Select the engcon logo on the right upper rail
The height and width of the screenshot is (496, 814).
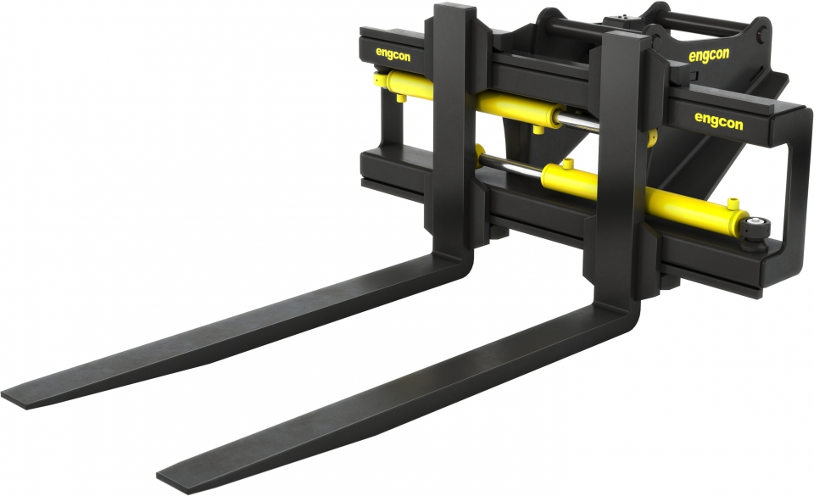coord(718,121)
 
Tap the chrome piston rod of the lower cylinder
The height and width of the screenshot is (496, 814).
coord(513,169)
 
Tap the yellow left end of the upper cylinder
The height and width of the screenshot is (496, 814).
coord(379,80)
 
